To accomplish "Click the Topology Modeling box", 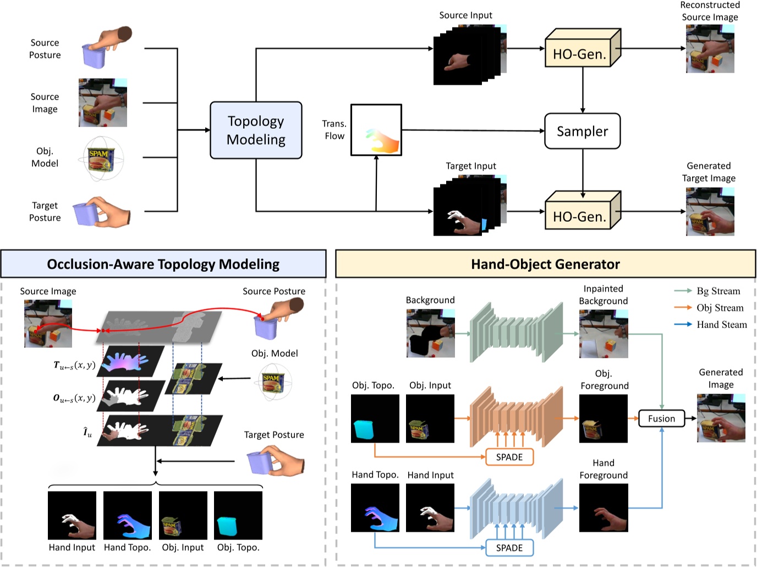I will (256, 130).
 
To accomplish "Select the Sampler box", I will (582, 131).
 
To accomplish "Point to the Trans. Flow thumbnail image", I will (376, 130).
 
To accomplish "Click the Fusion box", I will (661, 418).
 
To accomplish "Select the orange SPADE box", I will (509, 457).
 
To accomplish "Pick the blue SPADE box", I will (509, 548).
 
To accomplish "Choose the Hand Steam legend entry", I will (710, 325).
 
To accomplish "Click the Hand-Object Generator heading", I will (545, 264).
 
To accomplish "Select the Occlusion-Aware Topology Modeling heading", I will (163, 264).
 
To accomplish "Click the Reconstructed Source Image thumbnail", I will (710, 49).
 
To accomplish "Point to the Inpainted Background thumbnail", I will (604, 334).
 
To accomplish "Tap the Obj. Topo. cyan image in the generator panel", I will (375, 418).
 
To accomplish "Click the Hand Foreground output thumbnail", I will (604, 508).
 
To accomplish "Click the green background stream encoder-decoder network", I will (517, 332).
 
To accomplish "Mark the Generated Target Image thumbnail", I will (710, 212).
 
